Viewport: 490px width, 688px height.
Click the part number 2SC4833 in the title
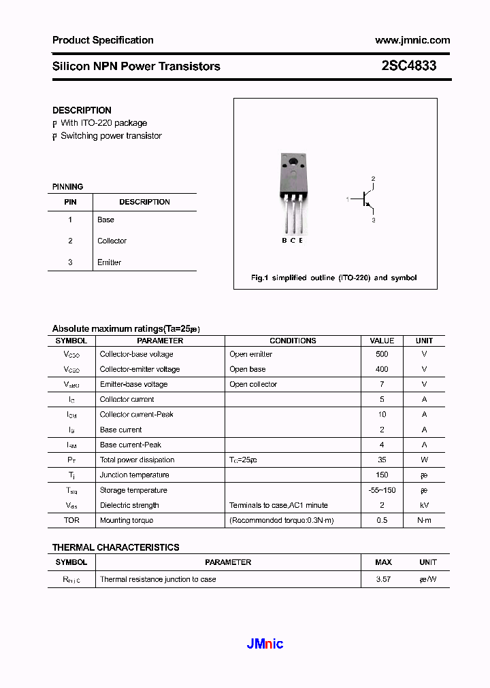(408, 66)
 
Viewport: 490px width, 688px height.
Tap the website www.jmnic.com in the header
(412, 40)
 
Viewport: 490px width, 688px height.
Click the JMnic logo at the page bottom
(265, 644)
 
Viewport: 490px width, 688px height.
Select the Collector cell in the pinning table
(112, 241)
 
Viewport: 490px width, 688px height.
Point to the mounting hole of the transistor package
(293, 162)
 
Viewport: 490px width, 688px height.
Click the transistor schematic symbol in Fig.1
(366, 199)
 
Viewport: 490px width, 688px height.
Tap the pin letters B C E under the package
(293, 241)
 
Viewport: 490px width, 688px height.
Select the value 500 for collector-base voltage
(382, 354)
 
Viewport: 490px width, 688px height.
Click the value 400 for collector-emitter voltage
(382, 369)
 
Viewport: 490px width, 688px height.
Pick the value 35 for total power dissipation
(382, 460)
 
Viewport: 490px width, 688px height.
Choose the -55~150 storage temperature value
(382, 490)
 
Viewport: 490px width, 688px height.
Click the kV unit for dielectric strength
(424, 505)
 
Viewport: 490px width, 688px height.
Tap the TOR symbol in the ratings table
(71, 520)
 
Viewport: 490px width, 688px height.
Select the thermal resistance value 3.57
(383, 579)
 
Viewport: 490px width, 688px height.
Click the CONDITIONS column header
(293, 341)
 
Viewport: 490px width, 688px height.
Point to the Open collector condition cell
(253, 384)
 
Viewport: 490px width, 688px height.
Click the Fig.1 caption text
(333, 277)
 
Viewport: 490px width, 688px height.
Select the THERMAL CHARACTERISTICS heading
(116, 547)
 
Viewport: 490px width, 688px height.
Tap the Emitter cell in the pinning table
(109, 262)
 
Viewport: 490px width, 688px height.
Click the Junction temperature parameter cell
(134, 475)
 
